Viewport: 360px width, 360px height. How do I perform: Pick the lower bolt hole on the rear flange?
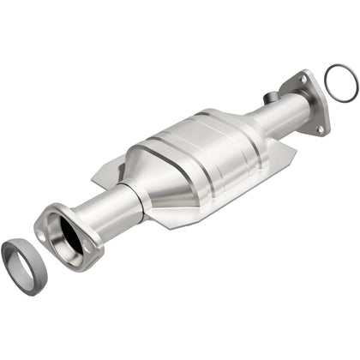(x=320, y=129)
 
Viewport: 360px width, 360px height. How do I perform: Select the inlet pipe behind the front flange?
(x=111, y=210)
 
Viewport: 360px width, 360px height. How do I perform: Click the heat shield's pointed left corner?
(x=93, y=180)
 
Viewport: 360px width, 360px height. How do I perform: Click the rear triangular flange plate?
(x=309, y=103)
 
